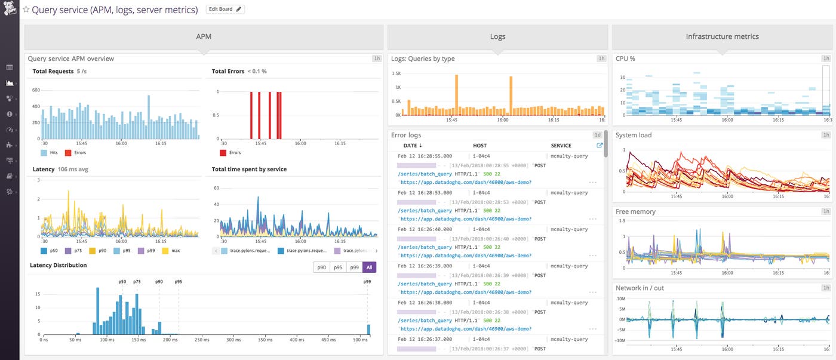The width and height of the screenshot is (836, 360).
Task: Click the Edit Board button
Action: pos(225,10)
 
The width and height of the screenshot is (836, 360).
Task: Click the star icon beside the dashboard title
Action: pos(26,10)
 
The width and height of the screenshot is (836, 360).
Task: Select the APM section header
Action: pos(204,36)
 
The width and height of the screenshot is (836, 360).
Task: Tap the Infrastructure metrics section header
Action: pos(722,36)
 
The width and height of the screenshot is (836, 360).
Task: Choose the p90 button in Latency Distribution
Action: pos(321,267)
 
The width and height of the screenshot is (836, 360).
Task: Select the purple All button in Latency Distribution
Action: pos(370,267)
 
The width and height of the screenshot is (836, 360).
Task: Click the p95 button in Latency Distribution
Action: pos(337,267)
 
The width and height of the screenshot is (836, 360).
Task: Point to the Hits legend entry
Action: pos(53,153)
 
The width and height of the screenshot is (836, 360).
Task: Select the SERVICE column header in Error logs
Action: pos(561,146)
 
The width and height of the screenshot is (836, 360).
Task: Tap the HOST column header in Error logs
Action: pos(480,146)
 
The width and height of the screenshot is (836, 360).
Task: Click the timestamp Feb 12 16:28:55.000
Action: pos(425,156)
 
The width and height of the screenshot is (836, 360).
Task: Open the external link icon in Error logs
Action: pos(600,145)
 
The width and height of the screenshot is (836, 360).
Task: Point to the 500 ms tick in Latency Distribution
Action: pos(359,340)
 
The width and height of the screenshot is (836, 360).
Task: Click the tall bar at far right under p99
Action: pos(368,330)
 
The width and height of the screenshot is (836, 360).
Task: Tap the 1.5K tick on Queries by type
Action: pos(396,73)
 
